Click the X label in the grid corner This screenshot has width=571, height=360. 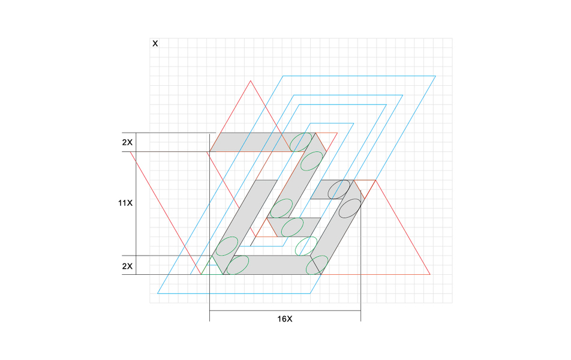155,44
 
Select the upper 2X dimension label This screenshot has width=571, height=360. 127,142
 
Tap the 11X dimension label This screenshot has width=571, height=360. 125,203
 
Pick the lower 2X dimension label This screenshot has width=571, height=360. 127,266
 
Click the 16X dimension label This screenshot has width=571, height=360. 285,319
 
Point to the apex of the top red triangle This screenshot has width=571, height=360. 251,80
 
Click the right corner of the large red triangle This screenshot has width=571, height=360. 430,274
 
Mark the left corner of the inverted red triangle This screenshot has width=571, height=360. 130,152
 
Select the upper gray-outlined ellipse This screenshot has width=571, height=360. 339,190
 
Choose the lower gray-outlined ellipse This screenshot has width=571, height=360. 350,208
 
